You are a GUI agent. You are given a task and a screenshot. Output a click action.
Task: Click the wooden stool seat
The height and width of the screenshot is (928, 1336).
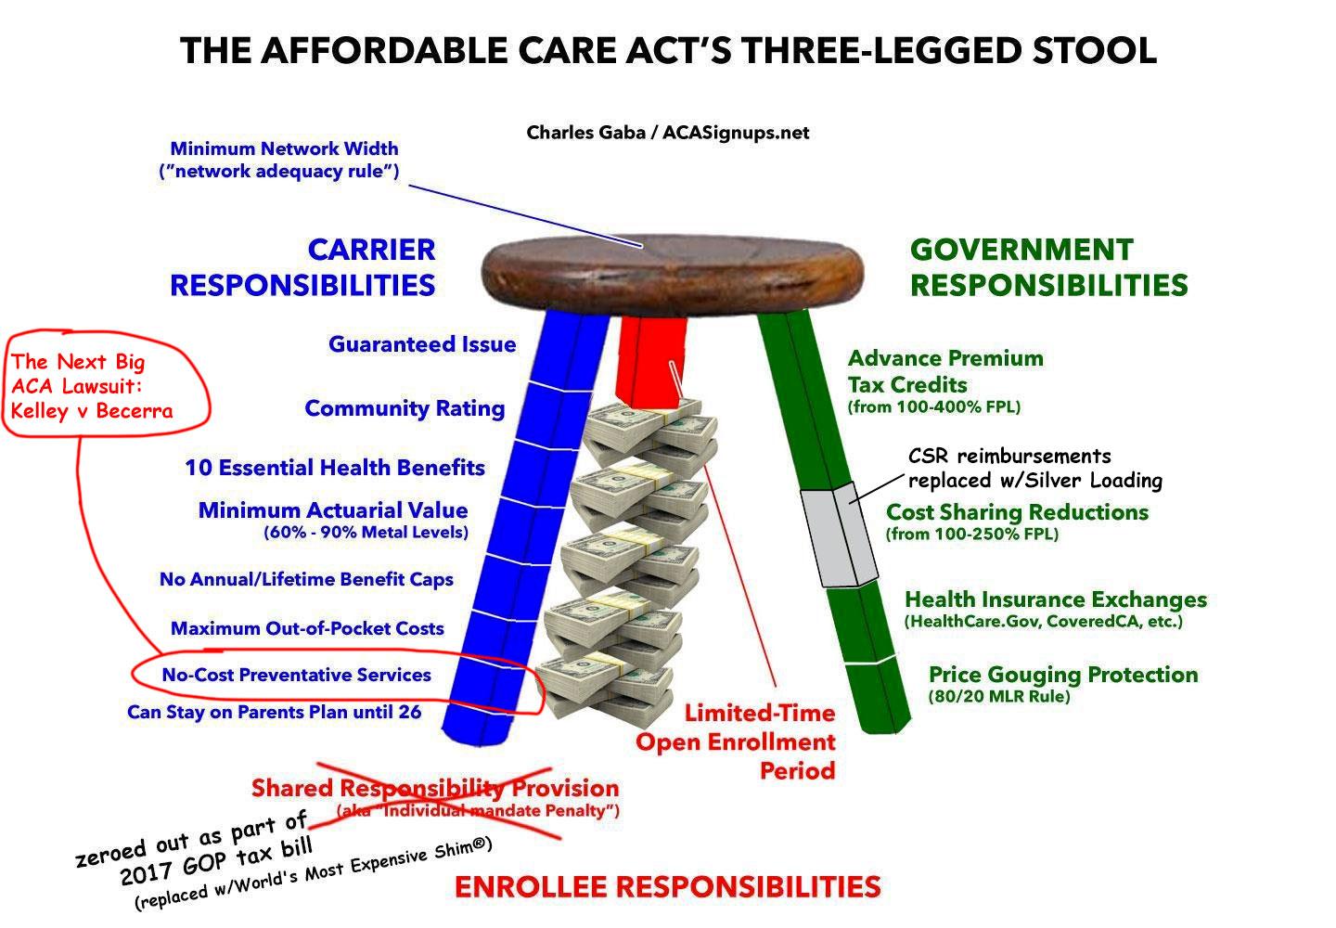(672, 275)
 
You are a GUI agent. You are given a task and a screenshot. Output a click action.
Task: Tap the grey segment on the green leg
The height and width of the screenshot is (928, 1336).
(838, 535)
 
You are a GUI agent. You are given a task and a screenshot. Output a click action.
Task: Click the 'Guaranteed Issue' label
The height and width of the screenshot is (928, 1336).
(422, 344)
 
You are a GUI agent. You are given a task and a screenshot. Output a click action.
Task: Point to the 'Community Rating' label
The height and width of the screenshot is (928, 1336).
(405, 408)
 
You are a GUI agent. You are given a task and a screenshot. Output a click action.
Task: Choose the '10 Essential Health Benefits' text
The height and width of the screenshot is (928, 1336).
(335, 468)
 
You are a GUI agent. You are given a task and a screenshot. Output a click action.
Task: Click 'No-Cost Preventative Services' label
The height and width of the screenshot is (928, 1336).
(297, 675)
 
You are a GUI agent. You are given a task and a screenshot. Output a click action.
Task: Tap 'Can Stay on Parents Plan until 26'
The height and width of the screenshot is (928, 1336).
(275, 712)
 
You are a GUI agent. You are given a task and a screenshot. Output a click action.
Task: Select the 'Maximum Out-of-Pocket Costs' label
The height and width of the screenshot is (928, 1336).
(308, 628)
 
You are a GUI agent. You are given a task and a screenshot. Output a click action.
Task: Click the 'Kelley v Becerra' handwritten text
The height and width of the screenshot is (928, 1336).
(92, 411)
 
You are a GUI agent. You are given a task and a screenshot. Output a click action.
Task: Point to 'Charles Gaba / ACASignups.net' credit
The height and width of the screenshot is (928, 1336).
(667, 133)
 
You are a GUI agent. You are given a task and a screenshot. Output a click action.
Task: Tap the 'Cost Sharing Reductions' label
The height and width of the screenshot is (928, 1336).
(1017, 512)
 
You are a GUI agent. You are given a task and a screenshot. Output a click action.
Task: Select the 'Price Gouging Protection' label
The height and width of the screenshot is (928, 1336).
(1063, 675)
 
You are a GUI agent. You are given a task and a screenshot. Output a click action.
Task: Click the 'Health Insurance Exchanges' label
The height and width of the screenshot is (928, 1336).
(1056, 599)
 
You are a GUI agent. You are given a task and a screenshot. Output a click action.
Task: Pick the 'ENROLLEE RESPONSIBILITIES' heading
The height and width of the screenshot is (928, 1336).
(667, 887)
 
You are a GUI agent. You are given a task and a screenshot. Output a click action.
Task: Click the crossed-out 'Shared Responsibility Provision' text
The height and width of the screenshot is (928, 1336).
(435, 789)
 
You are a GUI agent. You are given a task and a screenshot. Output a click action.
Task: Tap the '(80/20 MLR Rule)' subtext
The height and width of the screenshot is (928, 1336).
(999, 696)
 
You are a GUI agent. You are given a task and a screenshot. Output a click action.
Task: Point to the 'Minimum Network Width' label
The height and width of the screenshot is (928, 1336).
(285, 148)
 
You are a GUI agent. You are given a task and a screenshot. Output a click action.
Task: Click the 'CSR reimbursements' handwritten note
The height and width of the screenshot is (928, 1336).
(1009, 457)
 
